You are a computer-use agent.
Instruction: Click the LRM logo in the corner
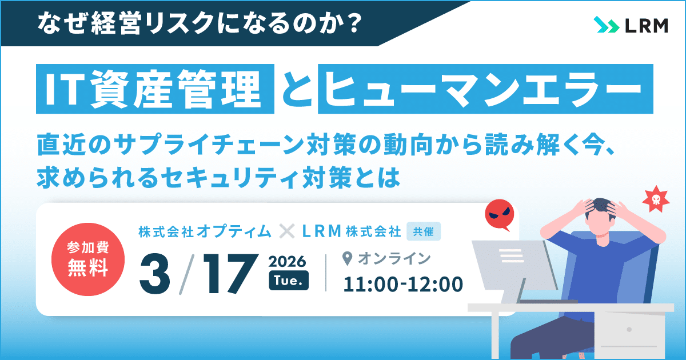click(x=631, y=26)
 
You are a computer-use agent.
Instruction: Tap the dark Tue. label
click(x=289, y=281)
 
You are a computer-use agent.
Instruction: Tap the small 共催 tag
click(x=424, y=231)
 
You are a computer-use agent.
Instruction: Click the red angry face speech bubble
click(x=499, y=215)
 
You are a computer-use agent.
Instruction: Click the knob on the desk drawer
click(x=629, y=330)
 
